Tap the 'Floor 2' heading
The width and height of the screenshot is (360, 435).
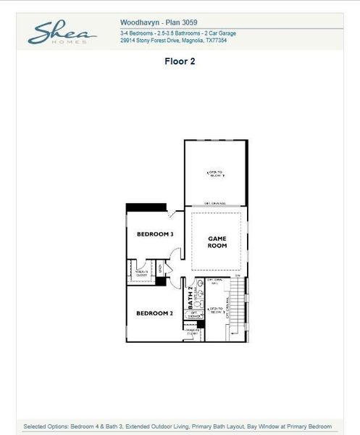pos(180,62)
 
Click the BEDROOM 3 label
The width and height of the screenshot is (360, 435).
pos(154,234)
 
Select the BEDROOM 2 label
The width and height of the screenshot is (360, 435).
pos(154,313)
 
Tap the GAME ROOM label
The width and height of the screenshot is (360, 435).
pos(217,242)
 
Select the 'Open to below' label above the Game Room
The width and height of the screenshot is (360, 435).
pos(217,173)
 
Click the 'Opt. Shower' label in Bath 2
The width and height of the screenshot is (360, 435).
pos(194,314)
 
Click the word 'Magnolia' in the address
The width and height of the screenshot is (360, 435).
pos(192,41)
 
